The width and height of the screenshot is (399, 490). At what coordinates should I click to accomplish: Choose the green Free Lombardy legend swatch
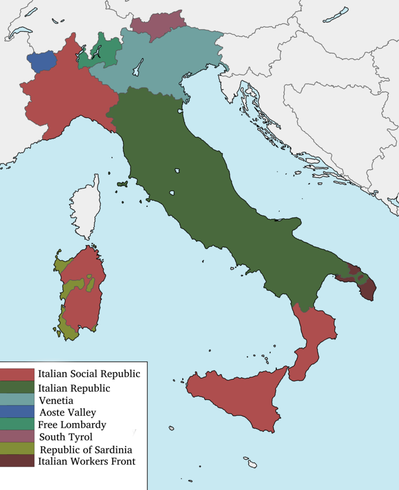[x=17, y=425]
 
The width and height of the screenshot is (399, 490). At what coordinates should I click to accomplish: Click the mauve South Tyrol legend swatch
[x=17, y=437]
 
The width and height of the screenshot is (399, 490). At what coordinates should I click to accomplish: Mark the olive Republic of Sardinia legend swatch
[x=17, y=449]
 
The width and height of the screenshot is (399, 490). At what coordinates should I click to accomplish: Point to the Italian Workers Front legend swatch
[x=17, y=461]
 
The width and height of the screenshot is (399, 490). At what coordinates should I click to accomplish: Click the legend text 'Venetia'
[x=56, y=401]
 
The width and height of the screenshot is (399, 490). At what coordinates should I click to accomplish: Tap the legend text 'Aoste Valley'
[x=68, y=413]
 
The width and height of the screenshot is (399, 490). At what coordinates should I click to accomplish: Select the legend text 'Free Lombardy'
[x=72, y=425]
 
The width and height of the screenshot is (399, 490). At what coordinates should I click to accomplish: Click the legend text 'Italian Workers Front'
[x=87, y=461]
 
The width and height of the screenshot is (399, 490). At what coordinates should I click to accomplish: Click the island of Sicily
[x=234, y=399]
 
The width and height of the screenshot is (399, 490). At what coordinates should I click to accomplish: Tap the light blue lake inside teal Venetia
[x=139, y=66]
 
